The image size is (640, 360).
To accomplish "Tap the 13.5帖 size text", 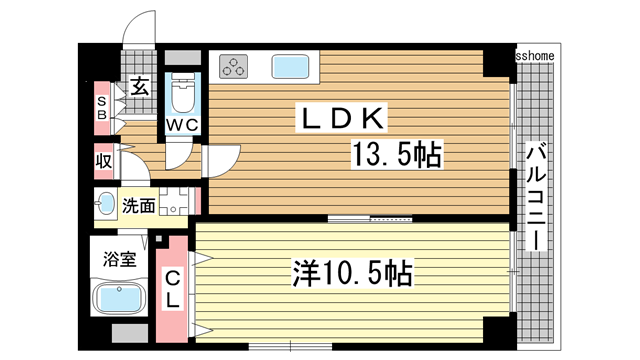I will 396,156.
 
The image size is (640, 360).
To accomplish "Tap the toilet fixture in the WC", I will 182,94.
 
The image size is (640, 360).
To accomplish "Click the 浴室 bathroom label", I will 119,259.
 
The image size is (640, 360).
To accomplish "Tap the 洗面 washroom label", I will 138,206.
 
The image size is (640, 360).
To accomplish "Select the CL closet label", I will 173,288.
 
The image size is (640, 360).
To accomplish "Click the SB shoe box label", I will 101,106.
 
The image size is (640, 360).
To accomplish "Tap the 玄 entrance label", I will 140,87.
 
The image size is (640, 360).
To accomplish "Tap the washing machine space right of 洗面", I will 174,203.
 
